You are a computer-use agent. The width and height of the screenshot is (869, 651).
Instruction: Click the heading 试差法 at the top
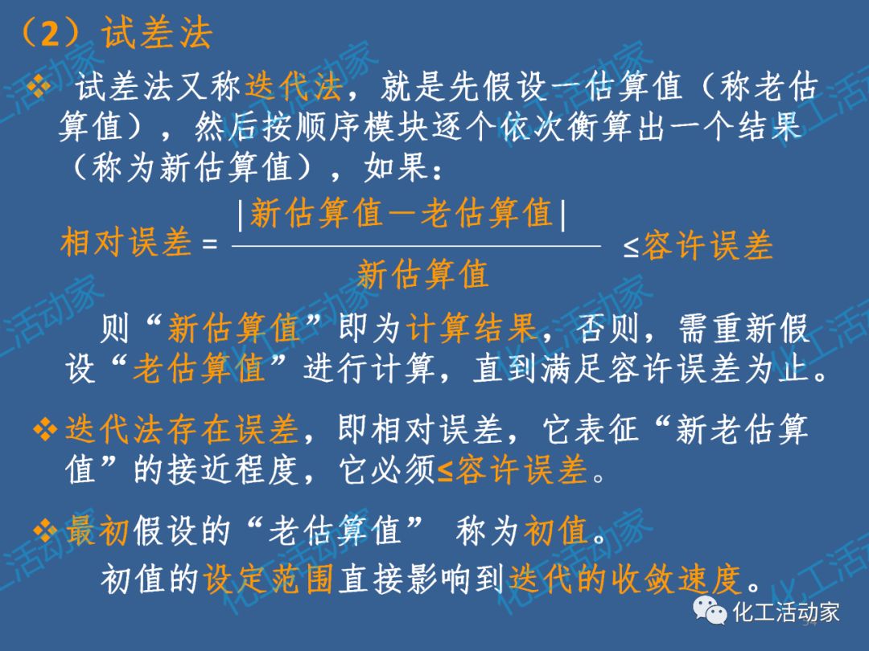[x=157, y=33]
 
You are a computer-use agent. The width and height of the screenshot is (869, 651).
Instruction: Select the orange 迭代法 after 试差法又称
[x=294, y=87]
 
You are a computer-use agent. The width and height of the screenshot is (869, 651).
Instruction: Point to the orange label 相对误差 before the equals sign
[x=126, y=243]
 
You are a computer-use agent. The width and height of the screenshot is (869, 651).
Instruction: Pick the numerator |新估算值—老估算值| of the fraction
[x=402, y=214]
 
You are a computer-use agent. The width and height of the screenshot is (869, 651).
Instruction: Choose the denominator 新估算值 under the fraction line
[x=422, y=275]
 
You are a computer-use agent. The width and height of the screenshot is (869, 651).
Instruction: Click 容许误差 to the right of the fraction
[x=706, y=246]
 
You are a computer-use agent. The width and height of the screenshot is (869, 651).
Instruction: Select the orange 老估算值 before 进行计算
[x=199, y=369]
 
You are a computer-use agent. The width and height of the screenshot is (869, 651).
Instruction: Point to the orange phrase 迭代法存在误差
[x=181, y=432]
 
